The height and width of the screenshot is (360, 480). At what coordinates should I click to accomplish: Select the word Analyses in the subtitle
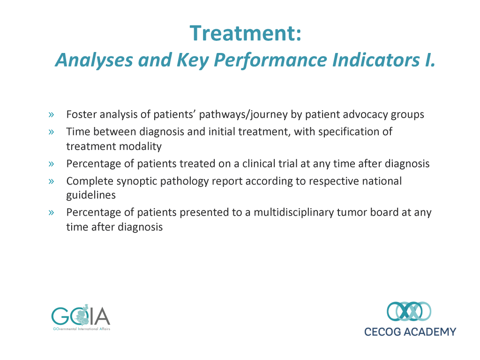[94, 60]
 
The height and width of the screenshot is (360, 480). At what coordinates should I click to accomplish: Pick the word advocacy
[365, 115]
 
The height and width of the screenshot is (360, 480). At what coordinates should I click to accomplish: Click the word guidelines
[91, 195]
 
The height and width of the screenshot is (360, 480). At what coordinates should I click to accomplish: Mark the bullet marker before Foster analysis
[51, 115]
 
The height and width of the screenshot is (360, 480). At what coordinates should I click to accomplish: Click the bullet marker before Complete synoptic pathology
[51, 181]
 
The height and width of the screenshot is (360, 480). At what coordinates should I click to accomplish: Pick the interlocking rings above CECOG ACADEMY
[409, 311]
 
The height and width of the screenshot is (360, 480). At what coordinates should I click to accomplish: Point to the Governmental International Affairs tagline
[82, 329]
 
